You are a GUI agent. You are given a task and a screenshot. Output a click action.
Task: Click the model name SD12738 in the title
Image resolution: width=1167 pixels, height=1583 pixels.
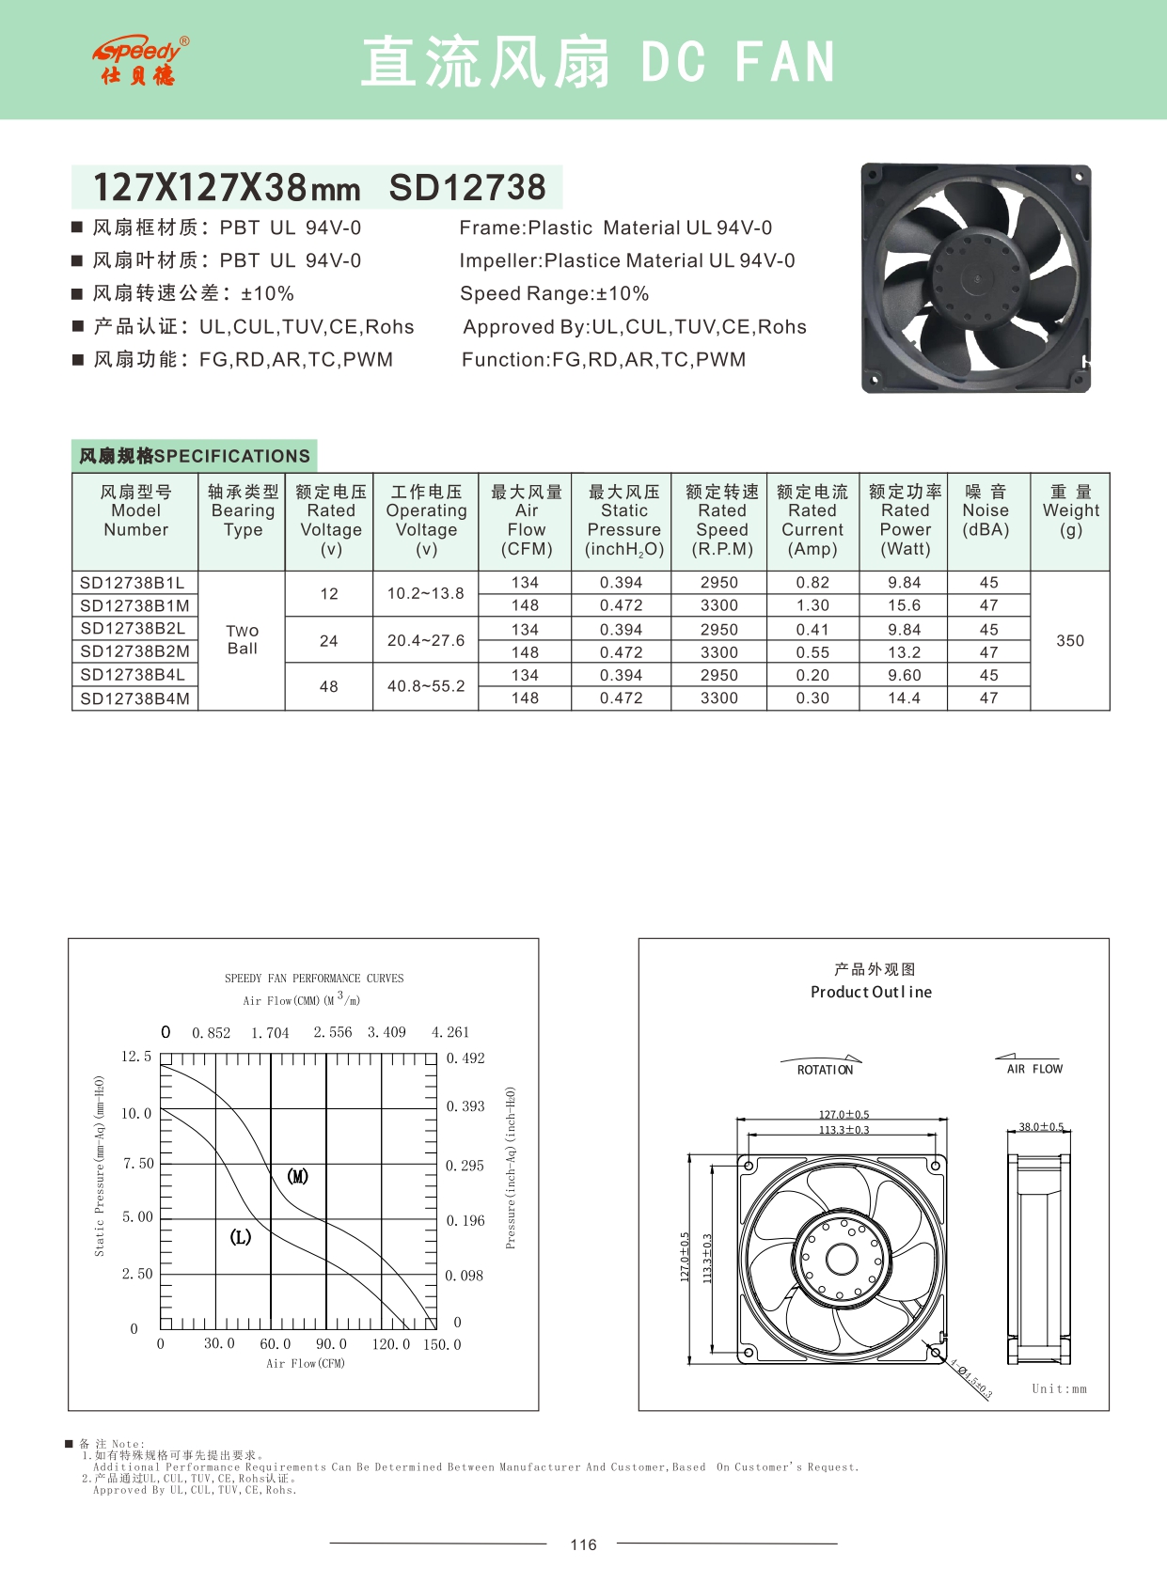tap(467, 188)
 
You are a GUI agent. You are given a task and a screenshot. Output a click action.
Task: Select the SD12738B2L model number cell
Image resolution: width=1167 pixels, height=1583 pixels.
tap(134, 628)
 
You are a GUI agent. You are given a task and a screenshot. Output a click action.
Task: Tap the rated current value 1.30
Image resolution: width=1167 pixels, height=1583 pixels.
tap(812, 605)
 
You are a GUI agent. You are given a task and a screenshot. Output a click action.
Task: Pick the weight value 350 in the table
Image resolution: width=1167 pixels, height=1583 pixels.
tap(1070, 640)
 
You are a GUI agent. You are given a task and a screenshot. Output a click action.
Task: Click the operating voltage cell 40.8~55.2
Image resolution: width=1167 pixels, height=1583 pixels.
tap(426, 686)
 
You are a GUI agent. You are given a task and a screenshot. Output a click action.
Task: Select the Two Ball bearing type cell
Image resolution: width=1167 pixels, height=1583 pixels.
tap(242, 639)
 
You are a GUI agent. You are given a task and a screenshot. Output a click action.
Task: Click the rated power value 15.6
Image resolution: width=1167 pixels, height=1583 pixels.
tap(905, 605)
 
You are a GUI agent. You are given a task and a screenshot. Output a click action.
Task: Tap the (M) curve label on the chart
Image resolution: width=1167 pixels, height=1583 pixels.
tap(297, 1176)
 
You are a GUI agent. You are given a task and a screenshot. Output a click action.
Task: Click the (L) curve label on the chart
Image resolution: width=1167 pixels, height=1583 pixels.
tap(241, 1236)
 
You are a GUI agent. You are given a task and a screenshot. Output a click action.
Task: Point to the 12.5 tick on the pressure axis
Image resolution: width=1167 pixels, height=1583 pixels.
tap(136, 1057)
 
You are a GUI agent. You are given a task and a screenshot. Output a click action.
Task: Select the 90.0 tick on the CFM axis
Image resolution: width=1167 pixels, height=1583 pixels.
tap(331, 1344)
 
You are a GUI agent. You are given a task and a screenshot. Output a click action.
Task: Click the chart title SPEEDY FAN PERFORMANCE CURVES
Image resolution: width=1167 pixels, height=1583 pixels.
tap(314, 979)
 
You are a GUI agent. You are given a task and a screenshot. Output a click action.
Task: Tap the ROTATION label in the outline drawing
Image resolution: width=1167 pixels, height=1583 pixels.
tap(825, 1070)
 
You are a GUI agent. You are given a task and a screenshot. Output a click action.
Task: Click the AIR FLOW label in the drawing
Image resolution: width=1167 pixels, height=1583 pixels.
tap(1034, 1069)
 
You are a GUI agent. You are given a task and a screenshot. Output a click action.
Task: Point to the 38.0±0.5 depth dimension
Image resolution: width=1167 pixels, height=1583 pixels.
tap(1041, 1126)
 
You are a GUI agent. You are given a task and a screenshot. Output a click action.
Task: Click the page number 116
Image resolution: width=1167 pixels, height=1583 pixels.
tap(583, 1544)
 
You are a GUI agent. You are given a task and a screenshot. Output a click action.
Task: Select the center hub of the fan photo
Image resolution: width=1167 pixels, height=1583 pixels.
tap(975, 277)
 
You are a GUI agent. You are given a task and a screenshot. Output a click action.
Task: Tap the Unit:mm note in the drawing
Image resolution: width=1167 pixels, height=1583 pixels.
tap(1059, 1388)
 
